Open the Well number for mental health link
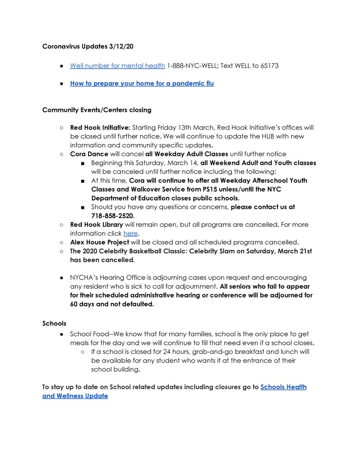coord(117,66)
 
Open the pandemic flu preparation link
coord(142,83)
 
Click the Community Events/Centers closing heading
coord(97,110)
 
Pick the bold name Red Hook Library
coord(96,224)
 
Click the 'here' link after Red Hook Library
coord(130,233)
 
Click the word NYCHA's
coord(84,277)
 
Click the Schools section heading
coord(54,323)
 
